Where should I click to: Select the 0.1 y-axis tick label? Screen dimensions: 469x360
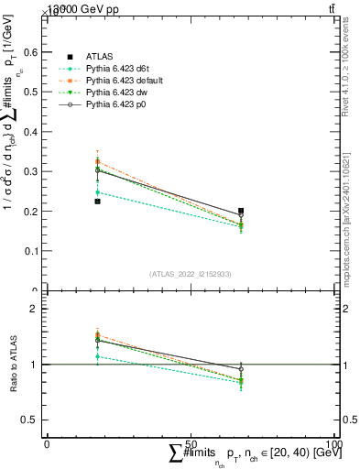(34, 250)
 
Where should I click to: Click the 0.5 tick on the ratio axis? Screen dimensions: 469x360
(34, 420)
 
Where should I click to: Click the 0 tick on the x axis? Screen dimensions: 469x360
(48, 443)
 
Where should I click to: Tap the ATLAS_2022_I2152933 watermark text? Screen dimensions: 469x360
(190, 274)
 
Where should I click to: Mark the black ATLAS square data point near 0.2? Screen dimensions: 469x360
(241, 212)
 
